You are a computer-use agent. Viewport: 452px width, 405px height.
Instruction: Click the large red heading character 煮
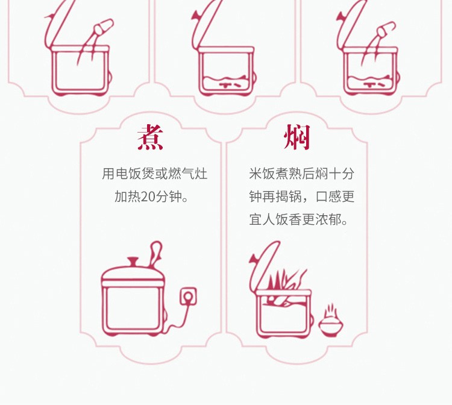(150, 137)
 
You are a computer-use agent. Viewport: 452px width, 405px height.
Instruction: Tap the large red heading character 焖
(297, 137)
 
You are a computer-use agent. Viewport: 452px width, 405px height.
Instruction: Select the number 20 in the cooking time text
(148, 197)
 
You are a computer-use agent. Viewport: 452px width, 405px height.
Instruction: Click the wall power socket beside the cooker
(188, 297)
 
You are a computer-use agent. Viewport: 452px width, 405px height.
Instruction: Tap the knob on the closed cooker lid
(133, 262)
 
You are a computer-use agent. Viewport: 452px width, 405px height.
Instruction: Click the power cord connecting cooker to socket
(179, 320)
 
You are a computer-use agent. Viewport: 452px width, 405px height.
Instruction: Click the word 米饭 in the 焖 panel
(262, 174)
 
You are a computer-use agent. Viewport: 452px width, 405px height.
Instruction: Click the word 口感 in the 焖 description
(328, 197)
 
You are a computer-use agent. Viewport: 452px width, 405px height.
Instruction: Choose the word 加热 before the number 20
(128, 197)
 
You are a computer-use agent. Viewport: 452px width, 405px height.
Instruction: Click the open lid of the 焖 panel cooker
(264, 265)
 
